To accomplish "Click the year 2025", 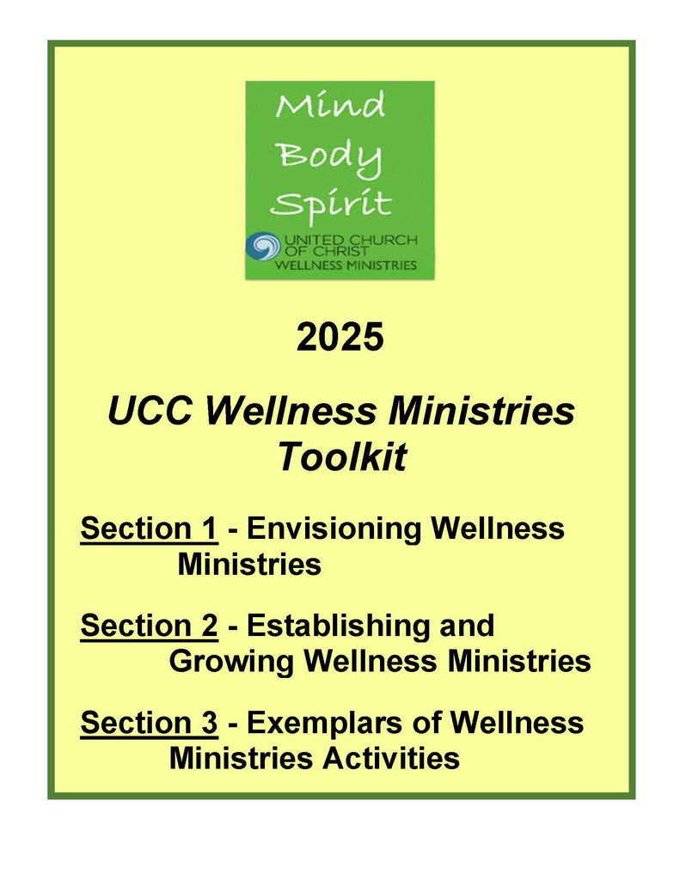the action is click(x=340, y=337).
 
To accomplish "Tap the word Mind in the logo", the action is click(x=330, y=105).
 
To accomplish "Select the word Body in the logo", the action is click(x=331, y=157).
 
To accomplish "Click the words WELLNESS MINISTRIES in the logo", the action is click(x=346, y=265).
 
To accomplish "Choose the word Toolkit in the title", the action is click(x=342, y=456).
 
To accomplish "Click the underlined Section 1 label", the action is click(x=149, y=529).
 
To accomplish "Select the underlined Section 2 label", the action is click(x=149, y=626).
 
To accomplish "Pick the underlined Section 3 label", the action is click(x=149, y=722).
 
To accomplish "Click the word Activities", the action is click(x=391, y=758).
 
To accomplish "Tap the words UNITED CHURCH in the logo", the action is click(x=351, y=241).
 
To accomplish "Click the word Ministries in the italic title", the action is click(x=481, y=411).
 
